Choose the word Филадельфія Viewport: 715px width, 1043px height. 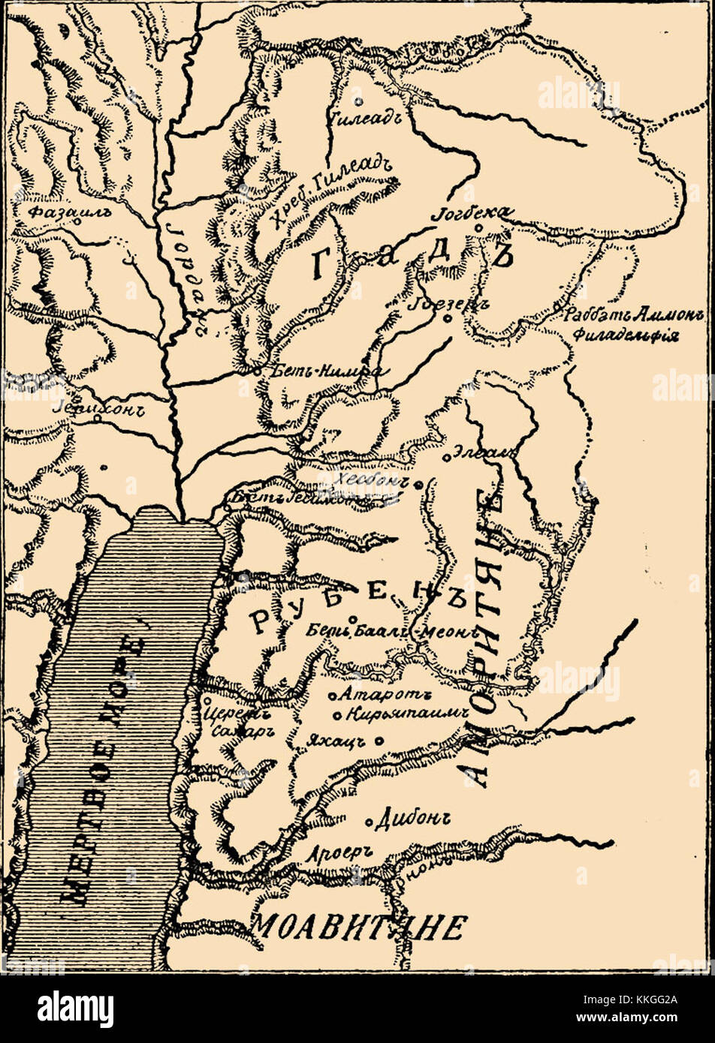(x=625, y=335)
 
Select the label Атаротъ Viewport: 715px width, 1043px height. (x=373, y=695)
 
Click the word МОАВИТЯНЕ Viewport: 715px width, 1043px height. (x=358, y=928)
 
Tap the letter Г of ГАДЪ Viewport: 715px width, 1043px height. (x=321, y=264)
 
